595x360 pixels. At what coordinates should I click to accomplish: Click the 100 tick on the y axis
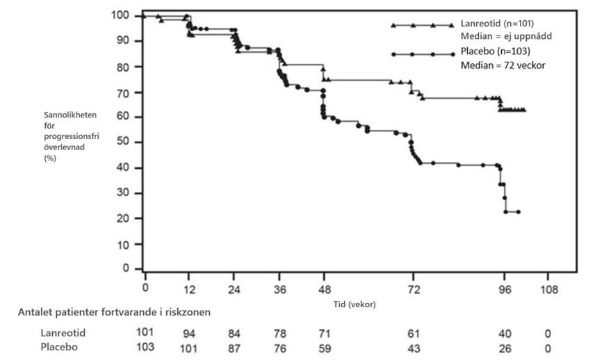[x=121, y=15]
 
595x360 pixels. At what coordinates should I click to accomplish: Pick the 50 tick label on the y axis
[x=124, y=142]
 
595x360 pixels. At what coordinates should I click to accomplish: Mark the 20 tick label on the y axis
[x=124, y=219]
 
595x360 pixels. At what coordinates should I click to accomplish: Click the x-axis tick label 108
[x=549, y=288]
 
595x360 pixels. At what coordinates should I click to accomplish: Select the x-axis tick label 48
[x=325, y=288]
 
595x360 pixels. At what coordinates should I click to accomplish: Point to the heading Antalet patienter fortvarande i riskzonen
[x=114, y=312]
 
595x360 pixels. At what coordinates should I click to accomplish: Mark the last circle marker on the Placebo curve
[x=519, y=212]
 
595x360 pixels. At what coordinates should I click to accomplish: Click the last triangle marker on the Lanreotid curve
[x=524, y=110]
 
